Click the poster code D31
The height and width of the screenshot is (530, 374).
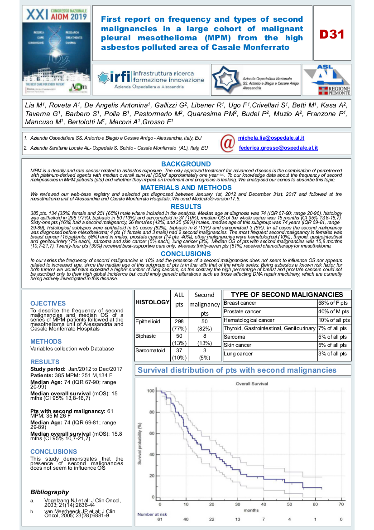pos(332,34)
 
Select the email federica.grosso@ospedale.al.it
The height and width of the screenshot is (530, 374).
pos(278,148)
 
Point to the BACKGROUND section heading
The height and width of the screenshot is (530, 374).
pos(186,164)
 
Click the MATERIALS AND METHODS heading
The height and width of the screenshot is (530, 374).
pos(186,187)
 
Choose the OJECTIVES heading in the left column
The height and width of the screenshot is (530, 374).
pos(48,303)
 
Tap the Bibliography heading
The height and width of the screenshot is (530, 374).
pos(49,492)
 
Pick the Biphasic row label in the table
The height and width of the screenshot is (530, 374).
pos(145,336)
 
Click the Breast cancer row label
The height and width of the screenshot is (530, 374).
pos(240,303)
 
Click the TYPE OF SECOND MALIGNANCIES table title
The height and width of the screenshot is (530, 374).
pos(287,294)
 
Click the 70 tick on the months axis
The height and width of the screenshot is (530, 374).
pos(341,504)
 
